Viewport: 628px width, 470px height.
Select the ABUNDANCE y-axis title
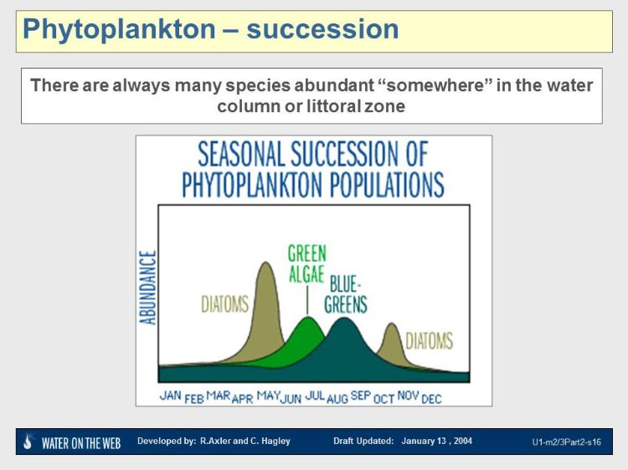(x=149, y=287)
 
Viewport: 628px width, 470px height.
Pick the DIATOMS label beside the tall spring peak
(x=225, y=304)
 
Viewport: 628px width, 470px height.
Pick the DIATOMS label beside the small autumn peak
(x=429, y=340)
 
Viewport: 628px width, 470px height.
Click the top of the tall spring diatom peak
(x=266, y=263)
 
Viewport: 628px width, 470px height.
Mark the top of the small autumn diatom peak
(x=391, y=324)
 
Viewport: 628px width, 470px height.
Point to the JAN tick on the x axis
(x=171, y=395)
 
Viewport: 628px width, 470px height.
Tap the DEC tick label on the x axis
(x=431, y=399)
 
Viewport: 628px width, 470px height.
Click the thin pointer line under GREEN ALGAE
(x=307, y=299)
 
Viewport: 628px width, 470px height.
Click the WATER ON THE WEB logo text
(x=80, y=442)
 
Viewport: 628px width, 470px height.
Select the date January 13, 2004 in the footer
(x=436, y=441)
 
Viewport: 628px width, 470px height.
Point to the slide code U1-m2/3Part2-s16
(x=566, y=442)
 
